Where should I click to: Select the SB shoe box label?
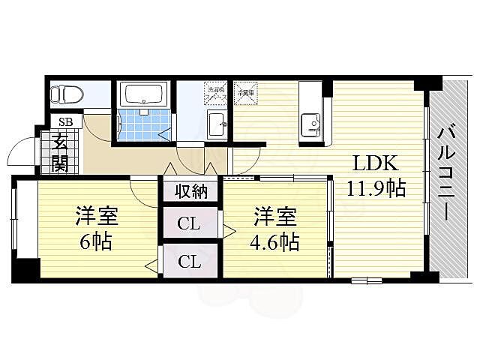(65, 122)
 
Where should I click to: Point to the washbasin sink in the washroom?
(217, 124)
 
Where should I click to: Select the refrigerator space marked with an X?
(246, 94)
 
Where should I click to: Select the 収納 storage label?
(190, 190)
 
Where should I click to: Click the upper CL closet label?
(188, 223)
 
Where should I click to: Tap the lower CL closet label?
(188, 262)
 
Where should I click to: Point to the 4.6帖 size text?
(275, 242)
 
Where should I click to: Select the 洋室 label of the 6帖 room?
(95, 217)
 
